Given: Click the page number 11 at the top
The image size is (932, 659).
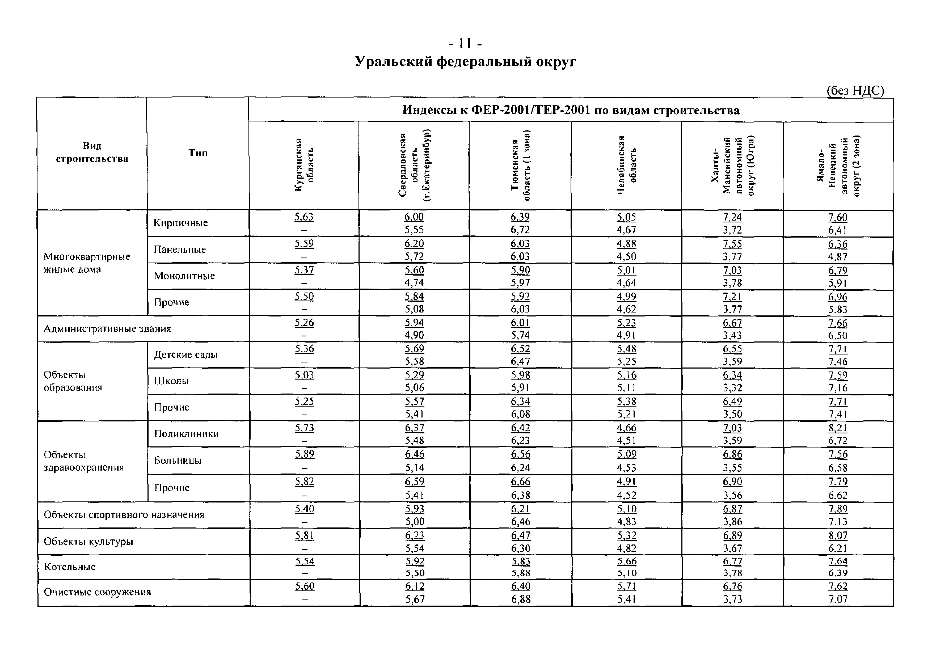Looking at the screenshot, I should [465, 43].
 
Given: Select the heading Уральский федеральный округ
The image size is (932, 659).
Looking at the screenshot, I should [465, 62].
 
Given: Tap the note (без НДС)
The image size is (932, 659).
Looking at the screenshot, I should [855, 91].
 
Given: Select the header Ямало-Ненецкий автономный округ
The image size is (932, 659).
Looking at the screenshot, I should [838, 166].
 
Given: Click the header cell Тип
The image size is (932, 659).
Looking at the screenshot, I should [198, 153].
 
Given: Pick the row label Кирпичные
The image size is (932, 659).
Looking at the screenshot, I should [181, 223].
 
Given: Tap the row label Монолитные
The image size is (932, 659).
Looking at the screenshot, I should [184, 276].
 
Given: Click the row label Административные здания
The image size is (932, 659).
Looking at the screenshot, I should [108, 329].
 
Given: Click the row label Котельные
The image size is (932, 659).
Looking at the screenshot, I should [70, 567].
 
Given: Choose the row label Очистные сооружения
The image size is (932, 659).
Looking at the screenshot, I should [98, 592].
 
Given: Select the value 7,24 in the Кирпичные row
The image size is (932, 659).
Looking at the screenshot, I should [732, 217].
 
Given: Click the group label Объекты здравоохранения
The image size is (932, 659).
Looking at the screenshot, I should [84, 461].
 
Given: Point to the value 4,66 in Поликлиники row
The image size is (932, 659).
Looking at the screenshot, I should [626, 428].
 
